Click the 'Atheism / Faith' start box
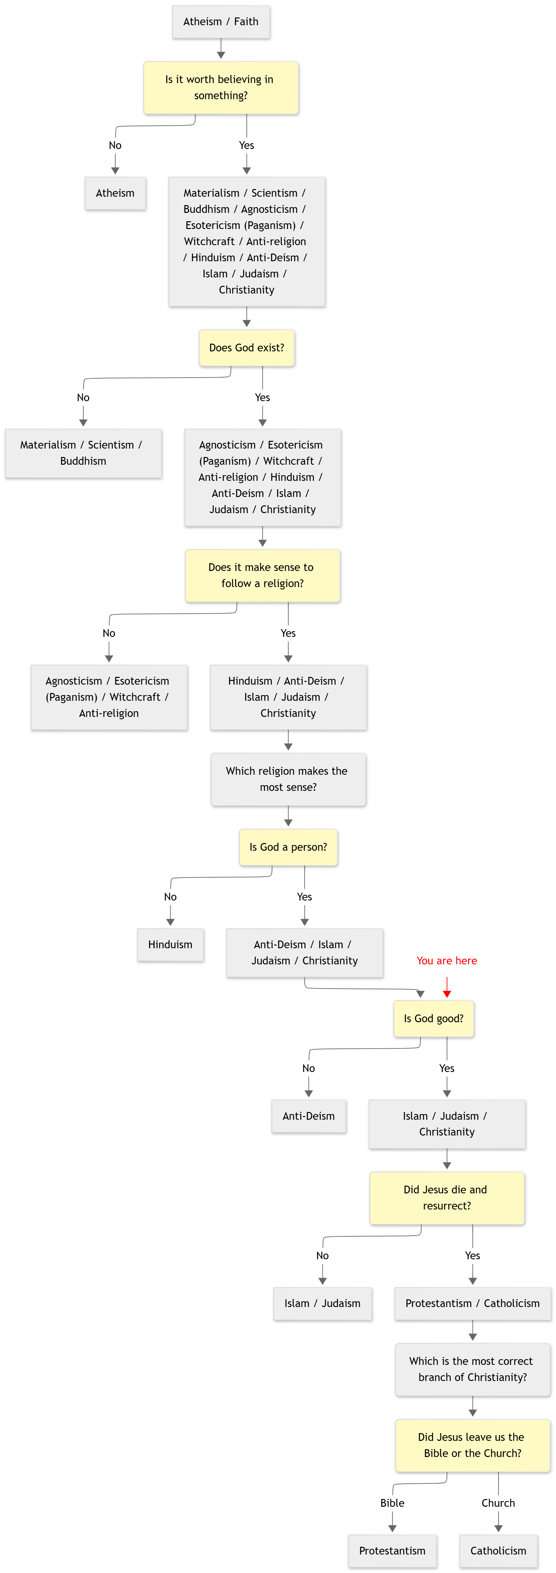(221, 22)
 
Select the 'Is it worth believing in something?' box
(221, 87)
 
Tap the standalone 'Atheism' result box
(115, 193)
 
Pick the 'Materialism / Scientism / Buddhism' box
(83, 453)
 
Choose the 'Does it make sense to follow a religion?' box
(262, 575)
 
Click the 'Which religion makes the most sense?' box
(288, 779)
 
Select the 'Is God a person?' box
(288, 847)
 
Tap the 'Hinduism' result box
(170, 945)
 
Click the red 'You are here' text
(447, 961)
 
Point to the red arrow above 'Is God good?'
(447, 987)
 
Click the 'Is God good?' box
(433, 1019)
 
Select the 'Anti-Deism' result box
(309, 1116)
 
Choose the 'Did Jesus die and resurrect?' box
(447, 1197)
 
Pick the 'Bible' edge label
(392, 1503)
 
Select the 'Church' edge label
(498, 1503)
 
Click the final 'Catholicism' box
(498, 1551)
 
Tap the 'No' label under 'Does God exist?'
(83, 397)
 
